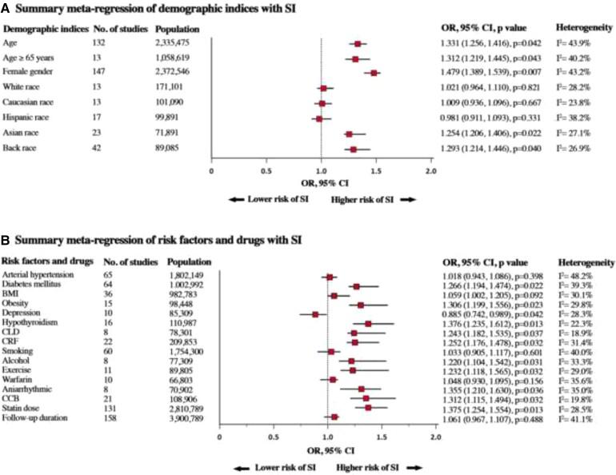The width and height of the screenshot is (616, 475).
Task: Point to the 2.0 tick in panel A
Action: pos(431,170)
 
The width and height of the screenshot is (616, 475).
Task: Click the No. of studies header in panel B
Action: pos(121,261)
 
